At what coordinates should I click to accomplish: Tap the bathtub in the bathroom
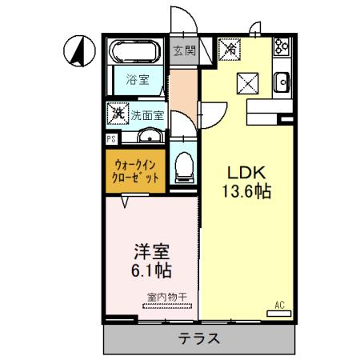pyautogui.click(x=134, y=52)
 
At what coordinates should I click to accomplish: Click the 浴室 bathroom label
pyautogui.click(x=137, y=78)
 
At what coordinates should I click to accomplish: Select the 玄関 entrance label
pyautogui.click(x=184, y=52)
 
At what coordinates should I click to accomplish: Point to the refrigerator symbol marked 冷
pyautogui.click(x=230, y=50)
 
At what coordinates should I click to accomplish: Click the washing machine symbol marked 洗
pyautogui.click(x=118, y=114)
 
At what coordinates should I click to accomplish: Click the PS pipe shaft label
pyautogui.click(x=110, y=138)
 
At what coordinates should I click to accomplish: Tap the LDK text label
pyautogui.click(x=248, y=173)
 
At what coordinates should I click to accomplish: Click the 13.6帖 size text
pyautogui.click(x=248, y=192)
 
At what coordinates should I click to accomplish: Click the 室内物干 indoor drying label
pyautogui.click(x=166, y=297)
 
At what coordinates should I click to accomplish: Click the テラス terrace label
pyautogui.click(x=199, y=338)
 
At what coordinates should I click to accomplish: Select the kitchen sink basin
pyautogui.click(x=282, y=82)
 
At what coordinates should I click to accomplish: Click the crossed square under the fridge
pyautogui.click(x=246, y=81)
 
